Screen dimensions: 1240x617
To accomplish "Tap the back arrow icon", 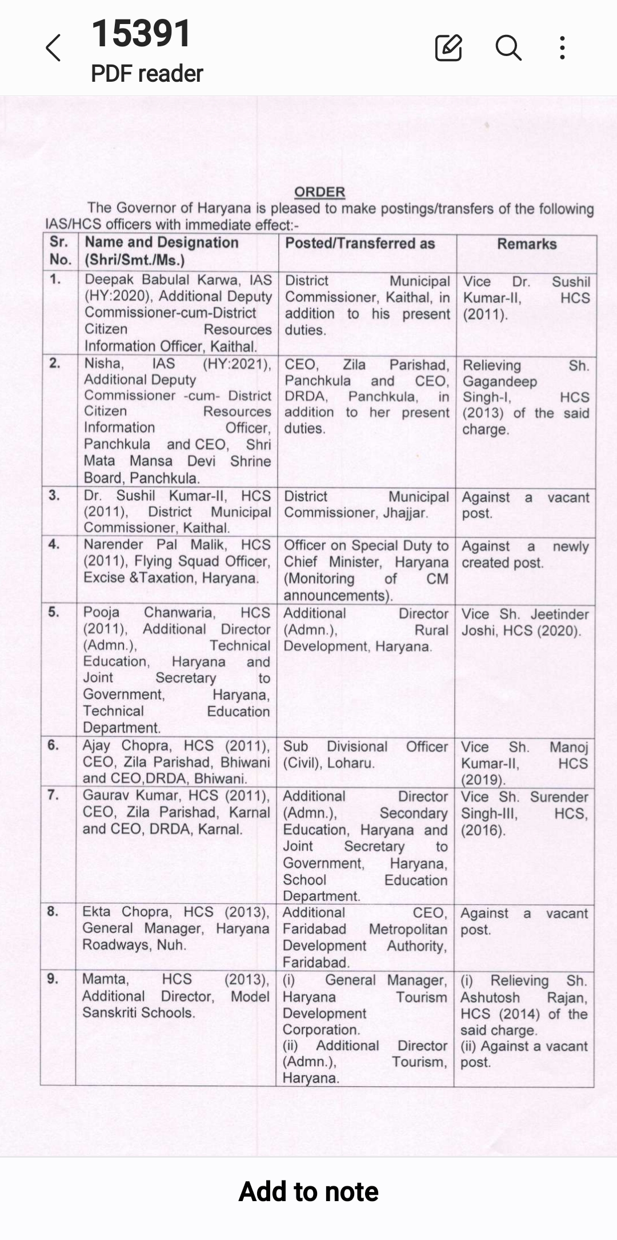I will (53, 47).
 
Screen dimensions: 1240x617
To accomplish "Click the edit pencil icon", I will (448, 47).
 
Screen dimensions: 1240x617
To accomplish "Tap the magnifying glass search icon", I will (508, 47).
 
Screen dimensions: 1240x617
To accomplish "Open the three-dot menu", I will (563, 47).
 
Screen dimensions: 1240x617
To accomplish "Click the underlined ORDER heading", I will (319, 192).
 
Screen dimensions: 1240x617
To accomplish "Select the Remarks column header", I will (527, 244).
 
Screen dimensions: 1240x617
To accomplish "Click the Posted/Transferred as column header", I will (360, 244).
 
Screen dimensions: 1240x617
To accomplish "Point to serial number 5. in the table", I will (54, 612).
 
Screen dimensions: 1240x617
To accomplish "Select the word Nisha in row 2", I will (103, 364).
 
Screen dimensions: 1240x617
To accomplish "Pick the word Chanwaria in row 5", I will (179, 612).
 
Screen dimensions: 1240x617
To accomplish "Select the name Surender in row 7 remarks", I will (559, 797).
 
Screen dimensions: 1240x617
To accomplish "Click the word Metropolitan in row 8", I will (408, 930).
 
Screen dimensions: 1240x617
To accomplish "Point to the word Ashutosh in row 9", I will (490, 998).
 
